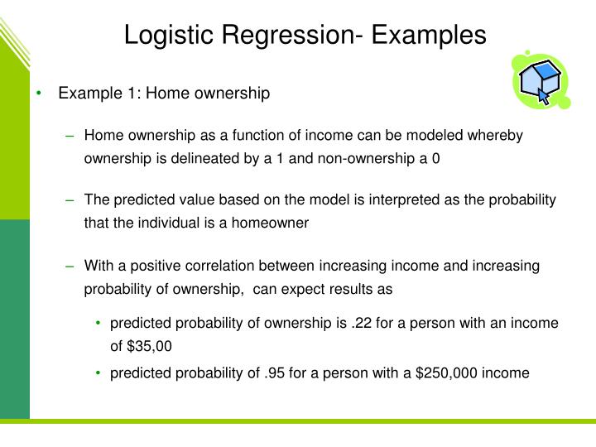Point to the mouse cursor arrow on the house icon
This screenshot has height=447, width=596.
(x=544, y=95)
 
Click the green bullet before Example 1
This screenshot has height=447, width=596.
(x=39, y=94)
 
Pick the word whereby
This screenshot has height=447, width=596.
(x=499, y=136)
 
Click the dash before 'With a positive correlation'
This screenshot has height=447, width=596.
(x=70, y=266)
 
